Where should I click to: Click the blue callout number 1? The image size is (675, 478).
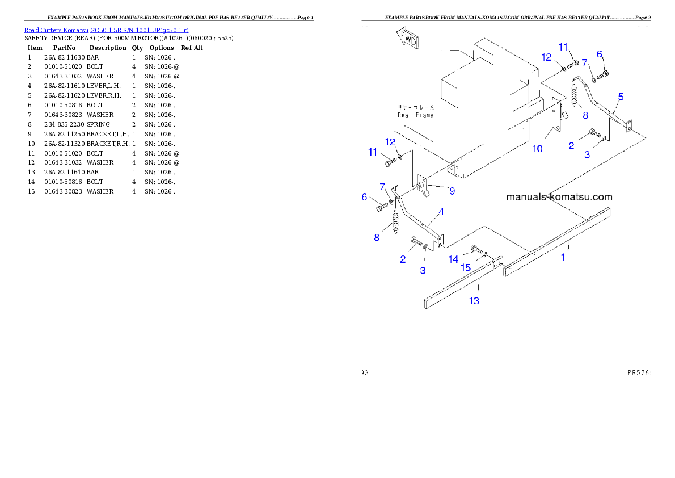(x=563, y=257)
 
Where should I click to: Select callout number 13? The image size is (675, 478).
(x=474, y=301)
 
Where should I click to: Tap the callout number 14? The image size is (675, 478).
(x=453, y=259)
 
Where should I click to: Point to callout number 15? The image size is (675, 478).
(x=465, y=267)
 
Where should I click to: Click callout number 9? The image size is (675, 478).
(x=452, y=191)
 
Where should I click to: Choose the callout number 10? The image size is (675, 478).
(x=537, y=149)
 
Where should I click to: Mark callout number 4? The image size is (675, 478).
(x=441, y=212)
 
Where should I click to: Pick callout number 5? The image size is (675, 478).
(x=621, y=97)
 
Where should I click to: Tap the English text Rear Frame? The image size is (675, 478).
(x=415, y=115)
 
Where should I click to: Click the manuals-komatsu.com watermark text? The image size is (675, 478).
(x=559, y=197)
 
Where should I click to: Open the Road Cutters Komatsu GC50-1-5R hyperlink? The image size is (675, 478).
(x=106, y=30)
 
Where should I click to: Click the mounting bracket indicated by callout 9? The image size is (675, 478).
(x=423, y=187)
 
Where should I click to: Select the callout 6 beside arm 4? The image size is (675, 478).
(x=365, y=197)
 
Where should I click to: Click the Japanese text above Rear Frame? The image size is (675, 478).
(x=415, y=107)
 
